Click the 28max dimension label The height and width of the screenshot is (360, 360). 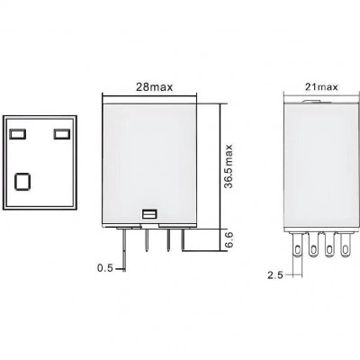155,87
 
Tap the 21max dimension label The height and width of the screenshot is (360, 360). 321,87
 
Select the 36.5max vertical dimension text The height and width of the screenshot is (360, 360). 229,166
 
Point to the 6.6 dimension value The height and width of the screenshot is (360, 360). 229,239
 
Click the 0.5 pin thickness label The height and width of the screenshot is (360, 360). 105,268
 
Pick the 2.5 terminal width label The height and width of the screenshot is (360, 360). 275,275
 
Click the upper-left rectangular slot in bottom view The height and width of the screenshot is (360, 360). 18,134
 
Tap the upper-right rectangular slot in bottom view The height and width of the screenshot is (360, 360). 62,134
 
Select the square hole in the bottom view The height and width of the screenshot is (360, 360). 22,181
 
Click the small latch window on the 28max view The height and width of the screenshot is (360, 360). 149,214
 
